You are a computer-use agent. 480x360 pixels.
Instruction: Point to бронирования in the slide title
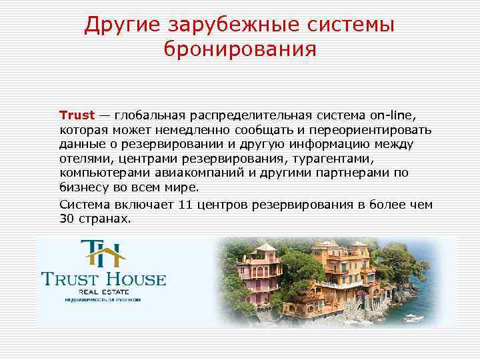point(239,49)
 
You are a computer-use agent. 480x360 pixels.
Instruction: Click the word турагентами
point(330,159)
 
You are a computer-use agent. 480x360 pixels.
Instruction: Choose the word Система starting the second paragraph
point(82,203)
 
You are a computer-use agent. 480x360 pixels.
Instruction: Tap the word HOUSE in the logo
point(134,277)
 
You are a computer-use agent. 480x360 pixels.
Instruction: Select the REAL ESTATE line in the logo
point(103,291)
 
